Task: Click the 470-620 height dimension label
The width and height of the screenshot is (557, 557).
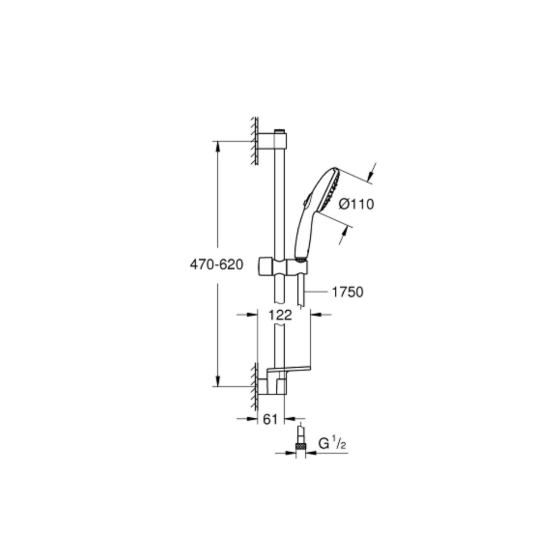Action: tap(216, 264)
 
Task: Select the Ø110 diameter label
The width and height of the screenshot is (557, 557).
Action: tap(356, 204)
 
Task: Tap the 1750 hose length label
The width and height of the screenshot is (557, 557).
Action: tap(348, 292)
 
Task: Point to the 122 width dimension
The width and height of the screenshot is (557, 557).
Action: tap(280, 315)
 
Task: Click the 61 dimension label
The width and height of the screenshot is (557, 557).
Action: tap(270, 419)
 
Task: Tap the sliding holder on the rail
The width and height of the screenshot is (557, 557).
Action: tap(283, 266)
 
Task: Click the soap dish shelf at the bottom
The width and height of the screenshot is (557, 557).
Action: tap(289, 369)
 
